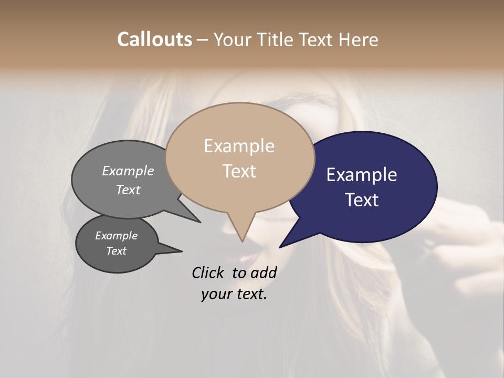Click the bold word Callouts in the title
point(154,39)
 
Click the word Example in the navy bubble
point(362,175)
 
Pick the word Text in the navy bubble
point(362,200)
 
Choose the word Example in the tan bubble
point(239,146)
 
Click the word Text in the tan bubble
point(239,171)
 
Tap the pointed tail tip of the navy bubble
point(280,247)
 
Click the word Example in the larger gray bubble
point(128,171)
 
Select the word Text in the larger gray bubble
point(128,190)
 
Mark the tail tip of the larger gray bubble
point(200,222)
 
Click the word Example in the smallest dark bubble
point(116,236)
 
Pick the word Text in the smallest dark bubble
point(116,251)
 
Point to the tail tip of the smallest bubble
point(182,251)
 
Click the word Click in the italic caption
point(208,272)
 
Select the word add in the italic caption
point(264,272)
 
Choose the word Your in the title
point(231,39)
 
